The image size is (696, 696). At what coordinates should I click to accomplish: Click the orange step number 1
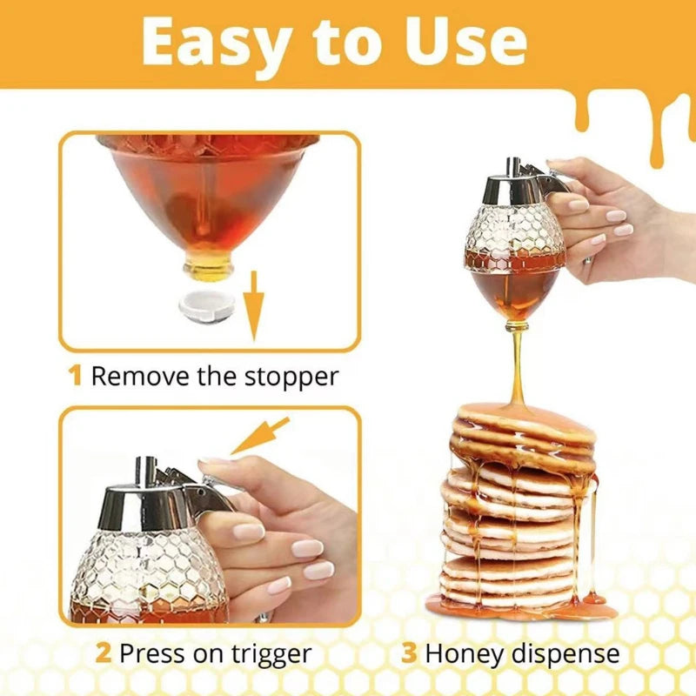pos(76,376)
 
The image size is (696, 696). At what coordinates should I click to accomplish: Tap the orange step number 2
pos(103,652)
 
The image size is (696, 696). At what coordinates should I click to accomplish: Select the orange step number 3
pos(410,652)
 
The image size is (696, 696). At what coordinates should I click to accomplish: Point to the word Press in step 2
pos(149,652)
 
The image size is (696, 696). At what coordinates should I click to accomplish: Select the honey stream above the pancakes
pos(518,365)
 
